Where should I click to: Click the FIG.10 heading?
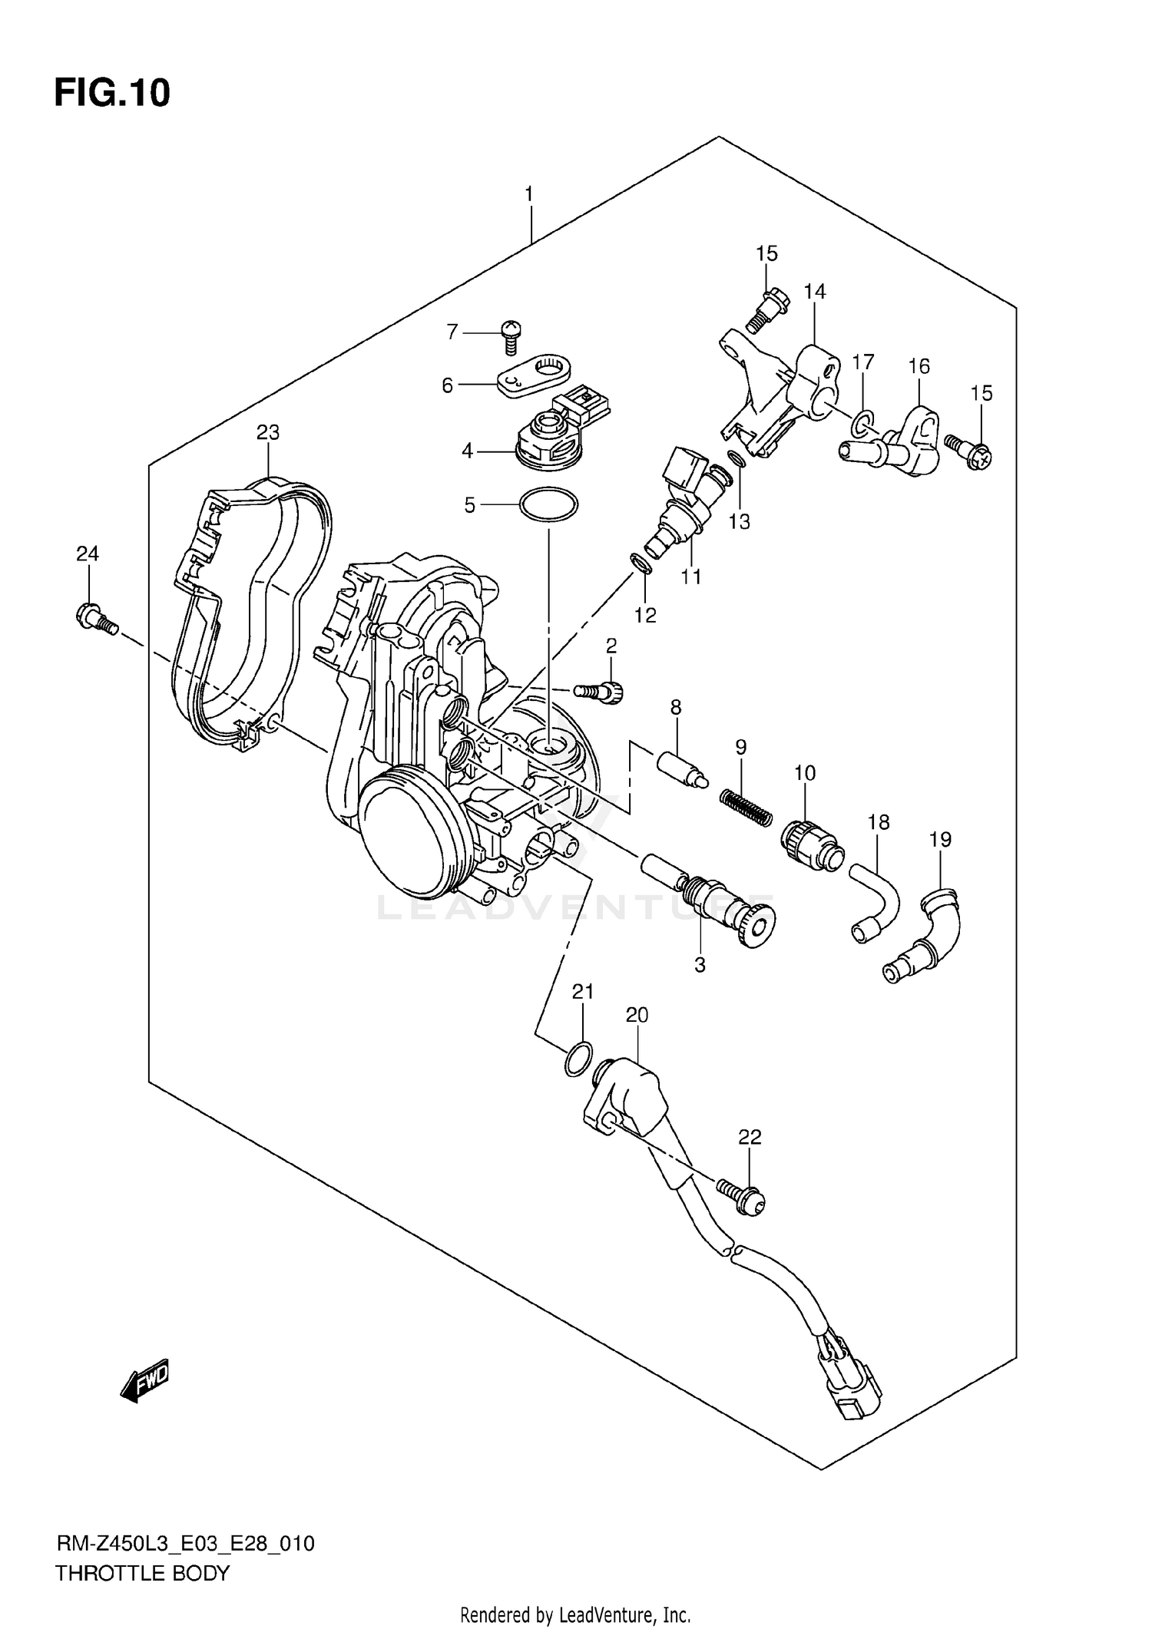(112, 93)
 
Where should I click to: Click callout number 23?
(267, 432)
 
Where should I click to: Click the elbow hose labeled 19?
(923, 937)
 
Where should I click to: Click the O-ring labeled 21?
(578, 1059)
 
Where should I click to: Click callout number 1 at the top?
(528, 194)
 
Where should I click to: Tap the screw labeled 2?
(601, 692)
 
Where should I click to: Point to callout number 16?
(919, 366)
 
